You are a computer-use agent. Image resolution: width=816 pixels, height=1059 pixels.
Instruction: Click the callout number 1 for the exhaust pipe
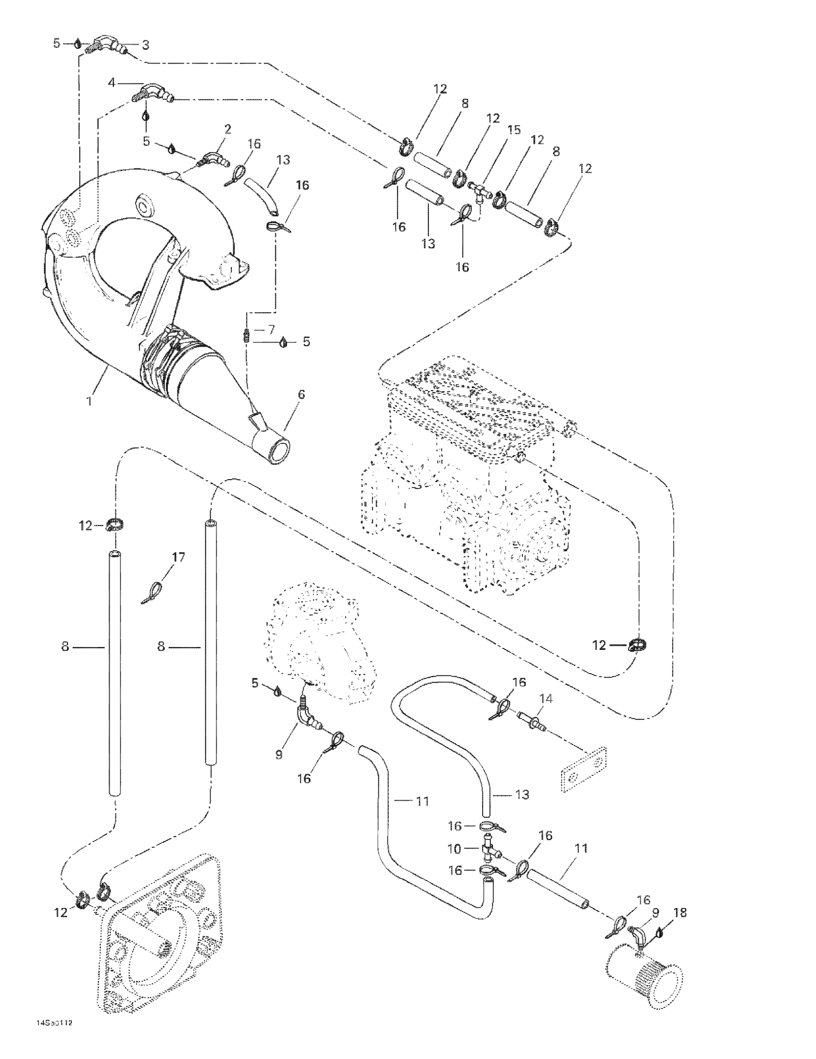pos(89,401)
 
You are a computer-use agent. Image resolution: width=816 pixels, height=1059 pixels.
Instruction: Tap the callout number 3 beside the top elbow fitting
pos(145,45)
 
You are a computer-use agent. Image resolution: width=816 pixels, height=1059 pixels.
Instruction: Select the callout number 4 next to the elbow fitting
pos(112,83)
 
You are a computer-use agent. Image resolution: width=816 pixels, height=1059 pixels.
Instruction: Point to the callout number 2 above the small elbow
pos(227,130)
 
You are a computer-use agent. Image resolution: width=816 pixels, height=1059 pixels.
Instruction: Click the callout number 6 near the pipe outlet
pos(301,395)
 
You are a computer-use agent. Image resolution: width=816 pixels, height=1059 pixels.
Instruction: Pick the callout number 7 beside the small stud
pos(271,330)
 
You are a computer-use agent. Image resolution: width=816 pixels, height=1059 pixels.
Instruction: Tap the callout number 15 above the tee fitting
pos(514,130)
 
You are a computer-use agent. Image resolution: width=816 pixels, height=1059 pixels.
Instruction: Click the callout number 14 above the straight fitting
pos(546,699)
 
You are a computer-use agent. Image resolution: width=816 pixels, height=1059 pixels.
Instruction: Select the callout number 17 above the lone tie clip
pos(179,557)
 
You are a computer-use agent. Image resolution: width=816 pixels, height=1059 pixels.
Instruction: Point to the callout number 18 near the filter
pos(680,913)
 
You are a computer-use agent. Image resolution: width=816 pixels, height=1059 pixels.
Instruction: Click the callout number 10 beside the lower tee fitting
pos(454,849)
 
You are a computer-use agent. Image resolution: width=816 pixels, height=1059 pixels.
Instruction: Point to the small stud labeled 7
pos(246,336)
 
